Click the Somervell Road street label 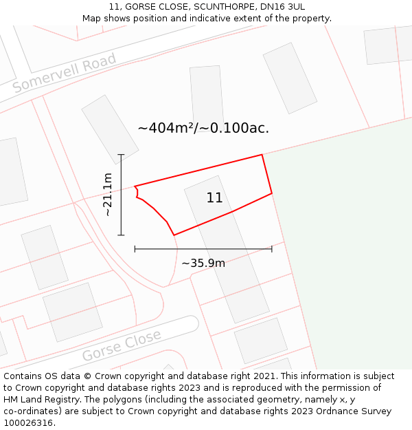tap(65, 74)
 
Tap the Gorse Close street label tap(122, 345)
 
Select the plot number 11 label tap(214, 198)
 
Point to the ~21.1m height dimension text tap(108, 195)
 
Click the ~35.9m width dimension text tap(203, 262)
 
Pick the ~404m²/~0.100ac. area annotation tap(203, 128)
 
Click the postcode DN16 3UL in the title tap(281, 7)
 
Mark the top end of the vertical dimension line tap(121, 155)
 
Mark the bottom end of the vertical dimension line tap(121, 235)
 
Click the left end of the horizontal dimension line tap(135, 248)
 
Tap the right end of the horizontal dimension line tap(272, 248)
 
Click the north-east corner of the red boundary tap(262, 155)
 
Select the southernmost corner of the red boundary tap(174, 235)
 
